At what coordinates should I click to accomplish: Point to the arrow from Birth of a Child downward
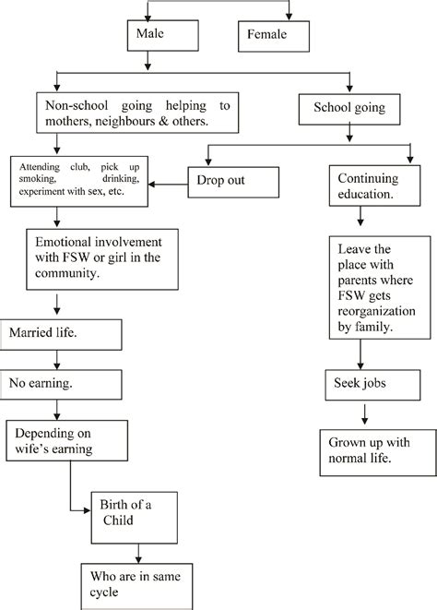[138, 549]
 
